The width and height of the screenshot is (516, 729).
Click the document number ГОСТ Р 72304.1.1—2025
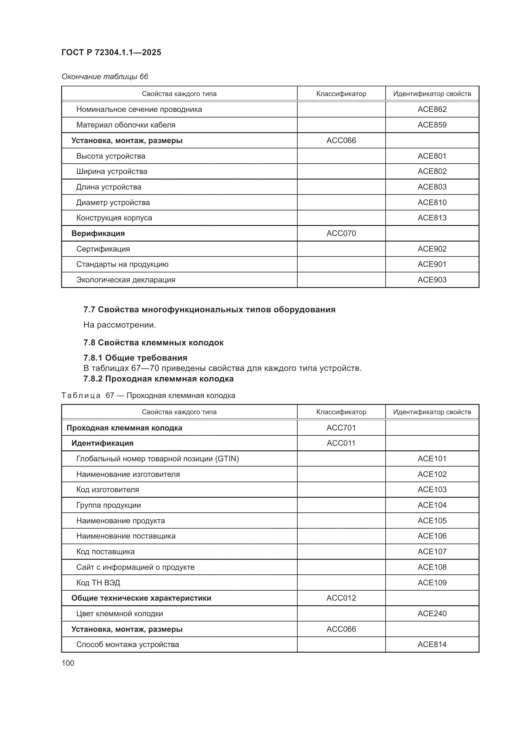(111, 52)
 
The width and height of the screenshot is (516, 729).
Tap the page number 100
(68, 663)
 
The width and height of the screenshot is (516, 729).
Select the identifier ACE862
(432, 109)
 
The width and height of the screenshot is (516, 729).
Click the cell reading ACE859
(432, 125)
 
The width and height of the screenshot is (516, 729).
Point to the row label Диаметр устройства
(113, 203)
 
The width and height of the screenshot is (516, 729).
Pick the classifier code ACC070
(341, 233)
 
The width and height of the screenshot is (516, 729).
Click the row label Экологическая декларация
(125, 280)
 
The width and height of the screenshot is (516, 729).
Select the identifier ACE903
(432, 280)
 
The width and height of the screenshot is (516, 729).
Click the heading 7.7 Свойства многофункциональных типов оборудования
(209, 309)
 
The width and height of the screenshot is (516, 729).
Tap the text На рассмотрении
(120, 325)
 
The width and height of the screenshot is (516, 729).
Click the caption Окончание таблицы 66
(105, 77)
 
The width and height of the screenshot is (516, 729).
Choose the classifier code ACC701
(341, 428)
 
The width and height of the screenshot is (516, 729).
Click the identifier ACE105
(432, 521)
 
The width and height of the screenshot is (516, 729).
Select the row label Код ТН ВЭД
(98, 583)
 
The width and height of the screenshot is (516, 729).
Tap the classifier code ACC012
(341, 598)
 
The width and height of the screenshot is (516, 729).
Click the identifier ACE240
(432, 614)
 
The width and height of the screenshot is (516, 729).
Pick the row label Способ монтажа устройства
(127, 645)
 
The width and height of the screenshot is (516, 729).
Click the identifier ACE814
(432, 645)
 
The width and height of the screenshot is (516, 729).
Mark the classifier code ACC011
(341, 443)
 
